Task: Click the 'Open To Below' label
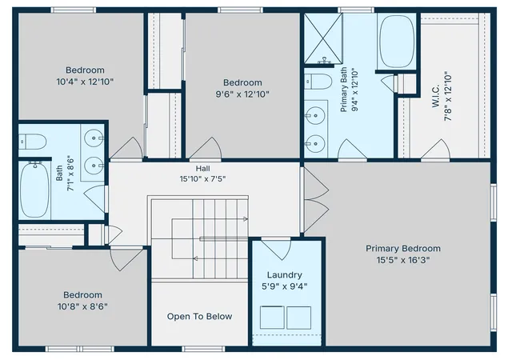[199, 316]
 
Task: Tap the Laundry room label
[285, 274]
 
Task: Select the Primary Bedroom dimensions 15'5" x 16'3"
[403, 260]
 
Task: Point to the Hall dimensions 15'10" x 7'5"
[202, 179]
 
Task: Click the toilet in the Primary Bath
[318, 82]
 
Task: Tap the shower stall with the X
[323, 38]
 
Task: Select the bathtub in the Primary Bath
[397, 42]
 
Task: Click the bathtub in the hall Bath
[34, 190]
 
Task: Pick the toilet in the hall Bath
[32, 142]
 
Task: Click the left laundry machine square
[272, 318]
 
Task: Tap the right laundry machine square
[298, 318]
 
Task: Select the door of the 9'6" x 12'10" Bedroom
[206, 150]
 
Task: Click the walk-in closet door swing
[435, 150]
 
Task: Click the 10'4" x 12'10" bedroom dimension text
[85, 82]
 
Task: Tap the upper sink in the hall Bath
[94, 138]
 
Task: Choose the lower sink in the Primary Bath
[315, 143]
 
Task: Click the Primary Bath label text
[343, 90]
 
